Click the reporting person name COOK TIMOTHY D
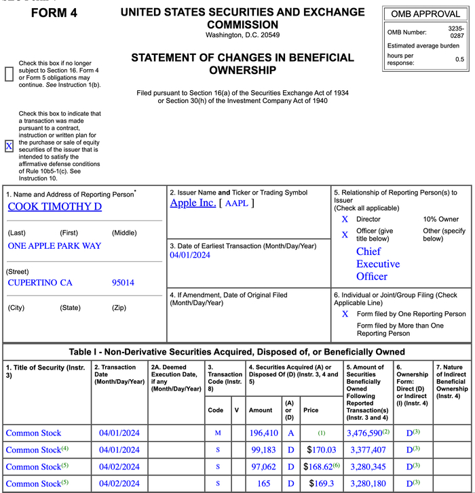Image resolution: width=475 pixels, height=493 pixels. [54, 207]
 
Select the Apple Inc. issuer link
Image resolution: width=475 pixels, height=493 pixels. [193, 203]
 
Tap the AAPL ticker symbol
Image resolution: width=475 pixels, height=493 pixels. [236, 203]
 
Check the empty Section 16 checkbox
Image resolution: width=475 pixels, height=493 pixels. [9, 74]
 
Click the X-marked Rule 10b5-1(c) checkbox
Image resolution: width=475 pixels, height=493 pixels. [9, 146]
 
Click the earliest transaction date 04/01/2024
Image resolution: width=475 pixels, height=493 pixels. [190, 255]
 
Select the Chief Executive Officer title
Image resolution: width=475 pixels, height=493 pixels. [378, 264]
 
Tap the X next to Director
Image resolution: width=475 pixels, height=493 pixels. [345, 219]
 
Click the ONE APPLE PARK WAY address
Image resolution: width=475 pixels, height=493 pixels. [54, 246]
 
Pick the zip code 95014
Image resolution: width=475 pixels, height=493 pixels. [123, 282]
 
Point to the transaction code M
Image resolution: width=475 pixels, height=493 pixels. [217, 433]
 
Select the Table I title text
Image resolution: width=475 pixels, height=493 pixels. [237, 352]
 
